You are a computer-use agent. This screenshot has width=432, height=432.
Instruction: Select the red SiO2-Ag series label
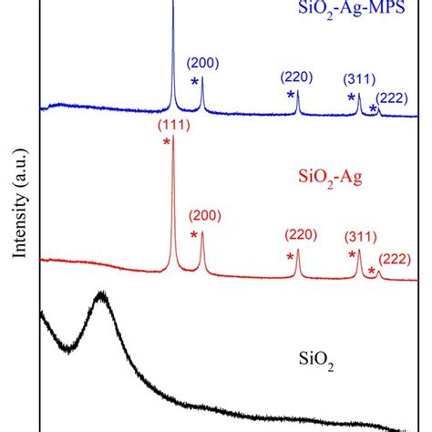tap(331, 178)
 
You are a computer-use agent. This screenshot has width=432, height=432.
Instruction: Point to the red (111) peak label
tap(173, 125)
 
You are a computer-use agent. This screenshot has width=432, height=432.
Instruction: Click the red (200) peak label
tap(203, 216)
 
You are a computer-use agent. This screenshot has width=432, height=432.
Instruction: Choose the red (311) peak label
tap(361, 235)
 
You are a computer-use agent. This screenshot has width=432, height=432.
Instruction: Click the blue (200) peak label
tap(202, 63)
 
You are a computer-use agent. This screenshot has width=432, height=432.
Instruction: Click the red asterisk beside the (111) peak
tap(166, 143)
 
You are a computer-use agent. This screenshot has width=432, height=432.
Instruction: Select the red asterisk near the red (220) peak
tap(290, 259)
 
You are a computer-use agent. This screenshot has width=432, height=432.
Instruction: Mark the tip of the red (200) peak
tap(201, 231)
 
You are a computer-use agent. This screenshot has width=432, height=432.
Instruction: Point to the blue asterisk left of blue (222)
tap(373, 109)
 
